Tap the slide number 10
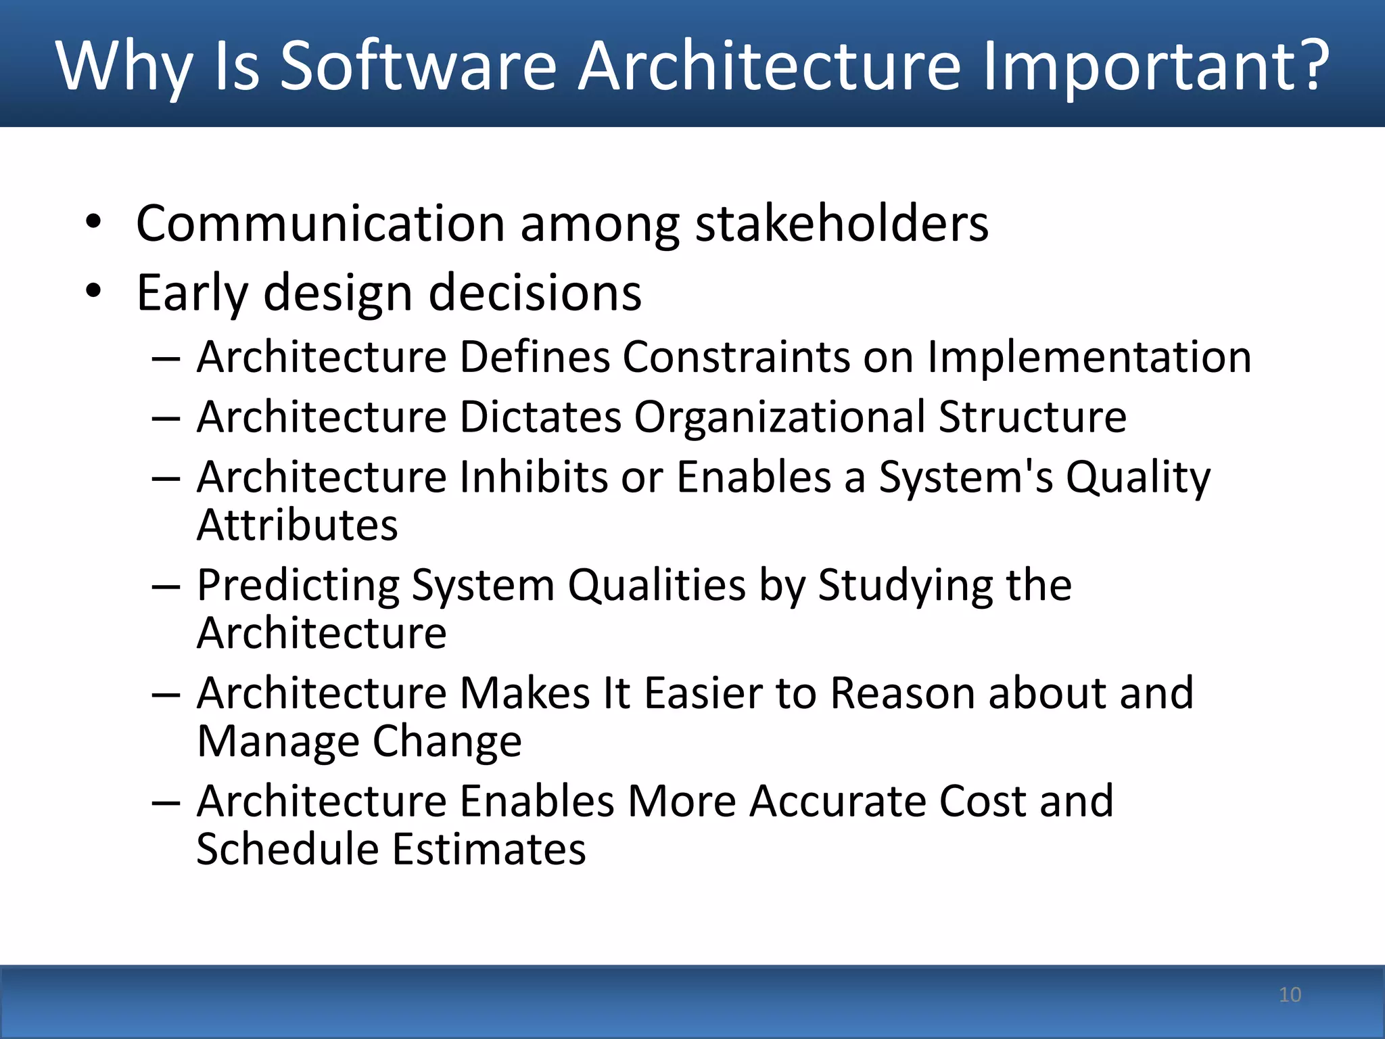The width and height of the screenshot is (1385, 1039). click(x=1290, y=994)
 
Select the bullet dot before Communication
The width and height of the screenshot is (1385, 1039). click(x=93, y=223)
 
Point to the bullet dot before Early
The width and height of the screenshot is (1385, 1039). click(x=93, y=292)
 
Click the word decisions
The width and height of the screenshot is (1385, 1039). click(x=535, y=293)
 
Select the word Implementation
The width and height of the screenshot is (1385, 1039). click(x=1089, y=356)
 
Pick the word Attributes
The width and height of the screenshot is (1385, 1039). click(x=297, y=525)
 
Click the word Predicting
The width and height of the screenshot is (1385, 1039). click(x=298, y=585)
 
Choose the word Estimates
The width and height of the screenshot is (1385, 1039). click(x=489, y=849)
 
